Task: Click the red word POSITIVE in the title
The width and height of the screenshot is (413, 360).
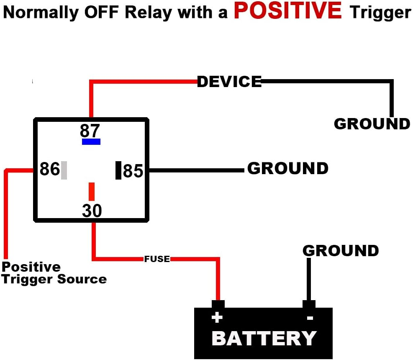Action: pos(288,11)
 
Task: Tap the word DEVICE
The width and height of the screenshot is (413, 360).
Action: pos(229,82)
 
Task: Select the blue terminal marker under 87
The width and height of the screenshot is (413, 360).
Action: pos(91,142)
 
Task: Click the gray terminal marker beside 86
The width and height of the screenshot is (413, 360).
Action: pos(64,170)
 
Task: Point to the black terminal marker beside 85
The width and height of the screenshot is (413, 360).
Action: pos(118,170)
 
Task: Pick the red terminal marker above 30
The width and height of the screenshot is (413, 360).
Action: pos(91,192)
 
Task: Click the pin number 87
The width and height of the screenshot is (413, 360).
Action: pos(90,131)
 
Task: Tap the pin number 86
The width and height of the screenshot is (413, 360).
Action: pos(50,170)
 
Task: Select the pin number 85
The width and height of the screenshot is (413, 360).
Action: pos(133,171)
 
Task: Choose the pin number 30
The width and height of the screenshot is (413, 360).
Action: pos(92,211)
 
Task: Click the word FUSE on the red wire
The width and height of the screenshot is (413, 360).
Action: pos(157,259)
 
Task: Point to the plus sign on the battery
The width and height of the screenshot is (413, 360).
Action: pos(217,318)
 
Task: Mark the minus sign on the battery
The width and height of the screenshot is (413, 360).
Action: pos(310,318)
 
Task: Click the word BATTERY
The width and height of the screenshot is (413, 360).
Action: pos(264,338)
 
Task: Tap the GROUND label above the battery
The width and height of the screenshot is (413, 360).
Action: pos(341,251)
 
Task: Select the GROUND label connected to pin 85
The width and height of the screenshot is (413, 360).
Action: pos(288,168)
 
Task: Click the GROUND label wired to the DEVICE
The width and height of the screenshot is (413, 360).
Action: pos(372,124)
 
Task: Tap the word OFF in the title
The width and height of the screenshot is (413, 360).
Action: pos(100,13)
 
